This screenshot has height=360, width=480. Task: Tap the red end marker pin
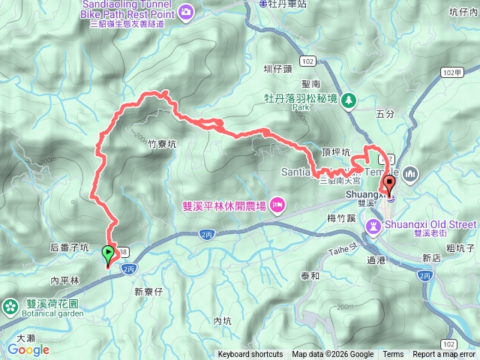pos(389,184)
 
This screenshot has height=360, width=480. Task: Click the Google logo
pos(28,349)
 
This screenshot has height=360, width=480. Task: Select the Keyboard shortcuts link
pos(250,355)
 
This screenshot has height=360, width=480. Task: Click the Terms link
pos(393,355)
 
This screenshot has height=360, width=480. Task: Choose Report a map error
pos(445,355)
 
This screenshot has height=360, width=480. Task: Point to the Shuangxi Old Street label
pos(430,223)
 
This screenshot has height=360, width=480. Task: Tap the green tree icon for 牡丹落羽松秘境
pos(349,100)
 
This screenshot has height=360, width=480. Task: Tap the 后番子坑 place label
pos(70,247)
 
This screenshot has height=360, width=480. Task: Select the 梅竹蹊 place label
pos(341,217)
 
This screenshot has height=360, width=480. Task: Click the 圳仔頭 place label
pos(277,70)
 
